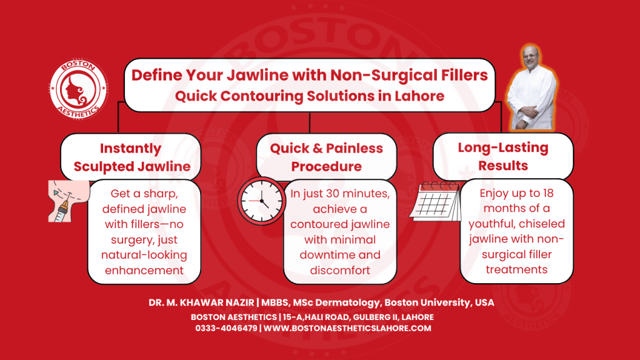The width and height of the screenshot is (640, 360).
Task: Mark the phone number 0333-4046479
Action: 226,328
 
